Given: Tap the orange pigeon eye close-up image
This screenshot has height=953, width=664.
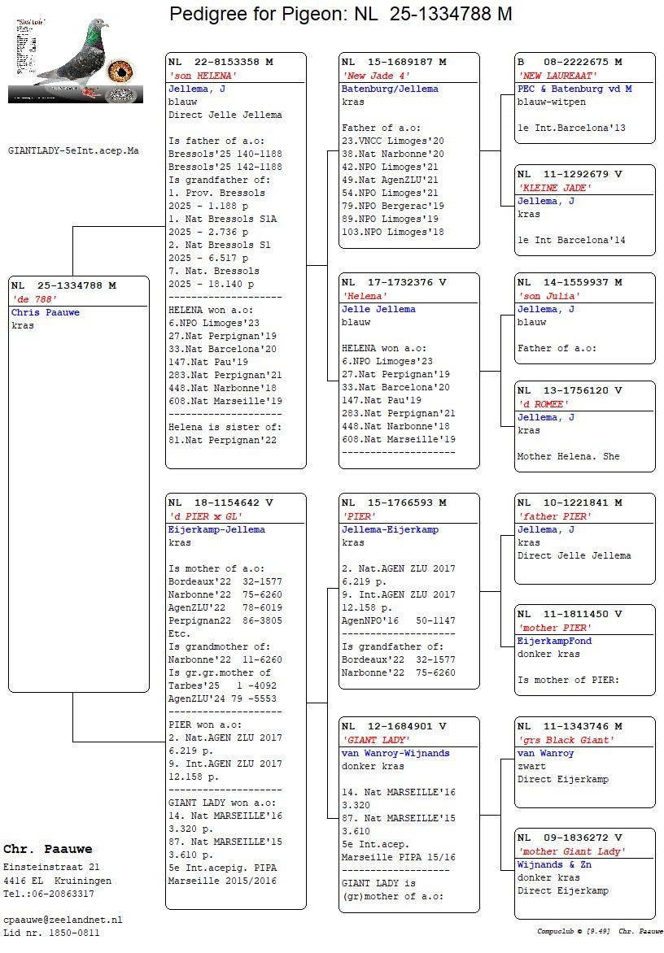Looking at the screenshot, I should point(120,71).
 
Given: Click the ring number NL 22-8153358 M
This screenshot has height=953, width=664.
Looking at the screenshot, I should point(221,62).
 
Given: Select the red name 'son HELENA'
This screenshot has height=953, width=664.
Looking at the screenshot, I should point(196,76).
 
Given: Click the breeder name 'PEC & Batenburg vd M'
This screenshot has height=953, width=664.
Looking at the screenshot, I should point(574,89).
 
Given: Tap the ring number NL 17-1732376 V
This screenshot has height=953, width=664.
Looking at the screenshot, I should point(394,282).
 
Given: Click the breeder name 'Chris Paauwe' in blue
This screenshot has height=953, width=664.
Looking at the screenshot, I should point(46,312).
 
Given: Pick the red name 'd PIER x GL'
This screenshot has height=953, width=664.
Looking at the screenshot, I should point(205,516).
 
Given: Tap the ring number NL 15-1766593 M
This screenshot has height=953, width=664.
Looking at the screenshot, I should point(394,503).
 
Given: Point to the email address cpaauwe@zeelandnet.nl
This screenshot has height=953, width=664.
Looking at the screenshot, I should point(63,920).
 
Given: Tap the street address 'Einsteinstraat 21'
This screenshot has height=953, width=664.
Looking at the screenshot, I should point(52,868).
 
